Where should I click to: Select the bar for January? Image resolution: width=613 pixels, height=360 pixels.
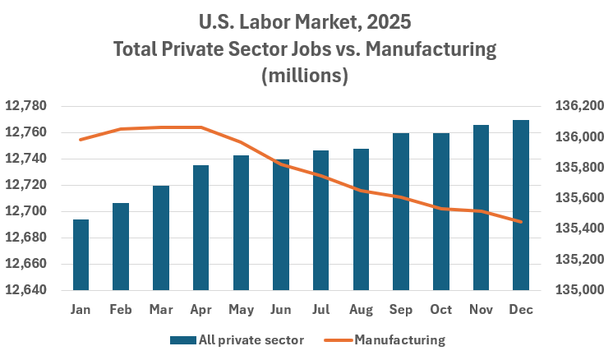pyautogui.click(x=81, y=255)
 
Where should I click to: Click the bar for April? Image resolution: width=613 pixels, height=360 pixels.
pyautogui.click(x=200, y=228)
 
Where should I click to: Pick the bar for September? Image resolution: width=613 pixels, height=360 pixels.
pyautogui.click(x=400, y=212)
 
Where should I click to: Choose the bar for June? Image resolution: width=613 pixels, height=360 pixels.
pyautogui.click(x=280, y=224)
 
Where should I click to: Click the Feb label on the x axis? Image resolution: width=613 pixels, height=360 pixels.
pyautogui.click(x=121, y=310)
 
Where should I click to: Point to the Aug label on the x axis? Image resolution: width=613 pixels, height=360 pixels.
pyautogui.click(x=361, y=310)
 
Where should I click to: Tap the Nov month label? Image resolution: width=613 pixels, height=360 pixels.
pyautogui.click(x=481, y=310)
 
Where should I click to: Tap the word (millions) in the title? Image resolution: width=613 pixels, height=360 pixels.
pyautogui.click(x=305, y=76)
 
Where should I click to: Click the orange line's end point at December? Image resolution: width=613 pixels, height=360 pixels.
pyautogui.click(x=520, y=221)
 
